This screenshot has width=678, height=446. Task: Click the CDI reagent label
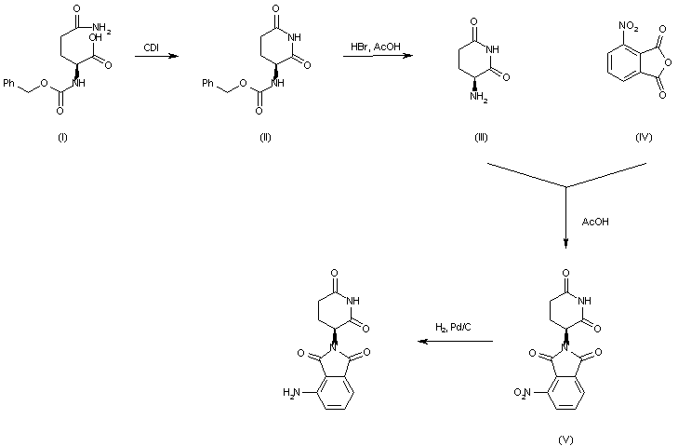tap(151, 47)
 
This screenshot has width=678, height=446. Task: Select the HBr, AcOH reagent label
tap(372, 47)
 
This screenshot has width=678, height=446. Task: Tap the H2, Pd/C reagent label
tap(453, 326)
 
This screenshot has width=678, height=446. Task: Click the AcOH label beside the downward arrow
tap(595, 223)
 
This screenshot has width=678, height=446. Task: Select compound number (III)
tap(481, 138)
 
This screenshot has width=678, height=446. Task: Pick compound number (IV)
tap(643, 138)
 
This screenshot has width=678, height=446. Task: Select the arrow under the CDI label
tap(156, 58)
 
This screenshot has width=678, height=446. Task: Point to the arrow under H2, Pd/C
tap(455, 342)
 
